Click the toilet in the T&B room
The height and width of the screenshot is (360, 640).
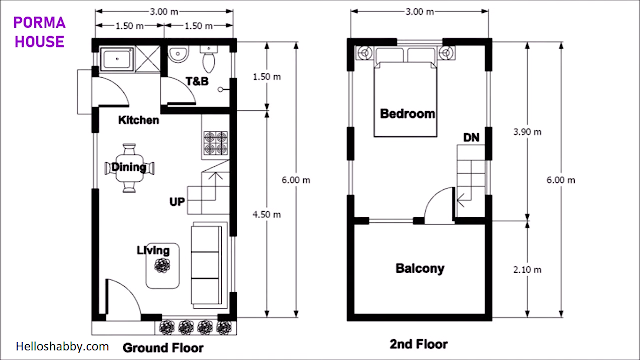point(209,59)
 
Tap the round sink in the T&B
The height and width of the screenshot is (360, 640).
point(178,54)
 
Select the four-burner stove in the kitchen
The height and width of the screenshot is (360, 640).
point(216,143)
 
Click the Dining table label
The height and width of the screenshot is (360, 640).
point(129,167)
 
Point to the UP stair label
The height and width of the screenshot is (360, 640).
point(177,202)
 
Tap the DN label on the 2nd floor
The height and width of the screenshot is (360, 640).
point(471,138)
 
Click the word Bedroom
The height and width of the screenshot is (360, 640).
point(407,113)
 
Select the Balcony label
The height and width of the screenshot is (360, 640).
point(420,269)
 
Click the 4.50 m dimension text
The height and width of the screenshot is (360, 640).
point(267,214)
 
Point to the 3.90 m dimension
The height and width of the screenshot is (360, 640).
point(527,131)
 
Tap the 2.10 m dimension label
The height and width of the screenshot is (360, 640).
point(527,269)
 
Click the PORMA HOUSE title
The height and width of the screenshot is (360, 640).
point(40,32)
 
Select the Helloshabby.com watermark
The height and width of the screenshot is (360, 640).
point(62,347)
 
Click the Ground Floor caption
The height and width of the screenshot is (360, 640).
point(163,348)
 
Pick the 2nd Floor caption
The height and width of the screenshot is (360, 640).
point(418,344)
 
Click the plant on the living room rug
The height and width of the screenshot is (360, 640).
point(162,266)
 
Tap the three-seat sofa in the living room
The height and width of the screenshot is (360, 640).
point(208,264)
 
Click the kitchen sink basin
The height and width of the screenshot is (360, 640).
point(117,59)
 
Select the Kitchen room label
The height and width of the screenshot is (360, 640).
point(138,120)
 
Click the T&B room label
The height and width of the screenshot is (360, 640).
point(197,81)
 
